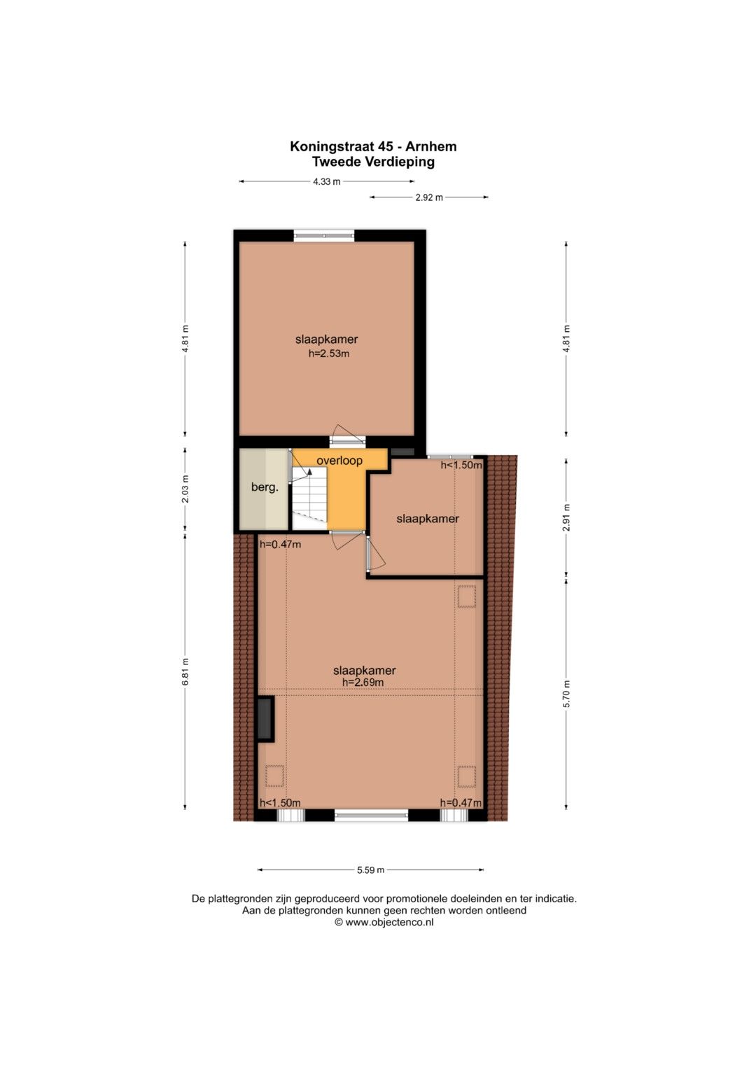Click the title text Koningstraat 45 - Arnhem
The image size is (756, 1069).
coord(373,146)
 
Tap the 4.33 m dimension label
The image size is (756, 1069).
coord(326,181)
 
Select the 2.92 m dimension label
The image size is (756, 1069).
coord(429,197)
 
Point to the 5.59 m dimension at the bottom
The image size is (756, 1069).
coord(370,870)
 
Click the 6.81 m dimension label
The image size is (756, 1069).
coord(185,671)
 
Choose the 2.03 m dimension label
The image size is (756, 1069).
coord(185,489)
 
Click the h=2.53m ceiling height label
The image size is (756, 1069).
coord(329,354)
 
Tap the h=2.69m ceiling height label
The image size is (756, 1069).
coord(363,683)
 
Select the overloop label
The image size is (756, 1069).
coord(339,461)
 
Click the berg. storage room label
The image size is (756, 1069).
coord(265,488)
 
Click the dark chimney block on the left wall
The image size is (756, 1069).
coord(265,719)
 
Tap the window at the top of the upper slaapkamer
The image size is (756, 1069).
coord(324,235)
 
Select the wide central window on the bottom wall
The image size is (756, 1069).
coord(371,815)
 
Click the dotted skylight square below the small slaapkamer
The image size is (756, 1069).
coord(467,596)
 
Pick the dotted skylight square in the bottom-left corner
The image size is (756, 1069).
coord(274,776)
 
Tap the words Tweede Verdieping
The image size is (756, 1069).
coord(373,162)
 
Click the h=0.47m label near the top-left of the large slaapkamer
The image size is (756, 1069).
coord(280,544)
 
